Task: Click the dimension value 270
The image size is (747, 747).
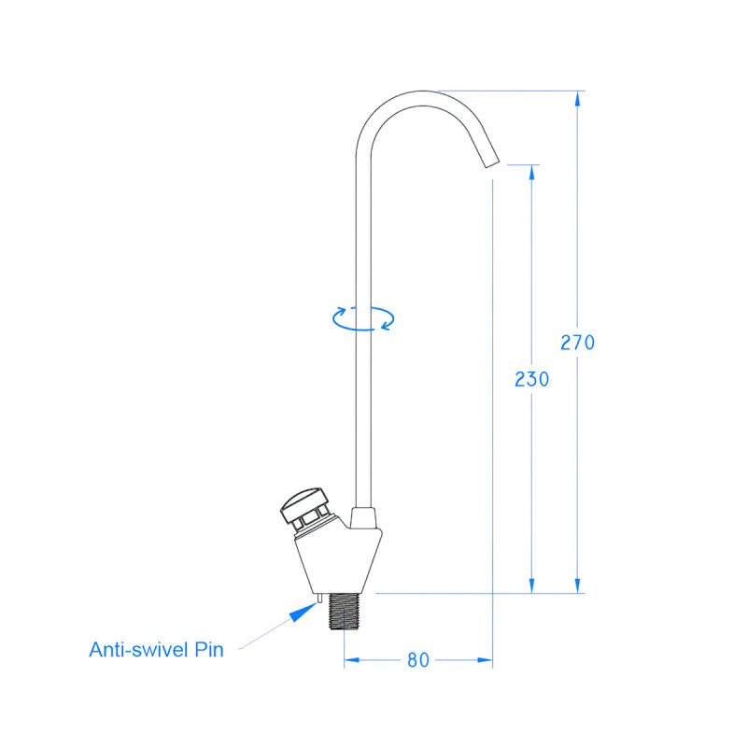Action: tap(577, 342)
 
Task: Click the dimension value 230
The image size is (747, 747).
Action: tap(531, 379)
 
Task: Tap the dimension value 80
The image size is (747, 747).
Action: tap(418, 660)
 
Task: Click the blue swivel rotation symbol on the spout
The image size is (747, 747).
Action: tap(363, 317)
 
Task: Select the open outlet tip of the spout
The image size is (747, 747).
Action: tap(492, 162)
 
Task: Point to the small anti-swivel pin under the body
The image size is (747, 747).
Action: tap(320, 598)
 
